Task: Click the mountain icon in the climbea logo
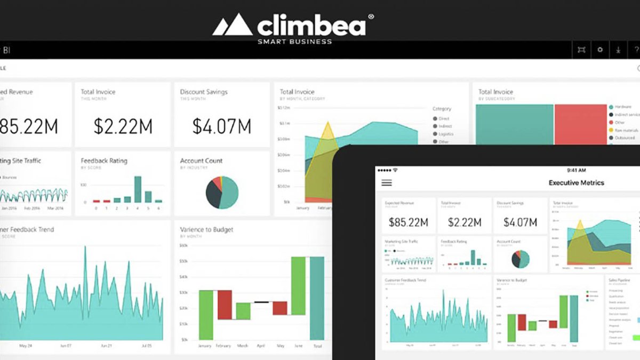(x=232, y=25)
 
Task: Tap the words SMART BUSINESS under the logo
(x=294, y=42)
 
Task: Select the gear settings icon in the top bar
(x=600, y=50)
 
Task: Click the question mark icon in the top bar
(x=636, y=50)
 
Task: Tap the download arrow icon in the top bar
(x=618, y=50)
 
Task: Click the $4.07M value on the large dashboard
(x=222, y=126)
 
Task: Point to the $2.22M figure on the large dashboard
(x=123, y=126)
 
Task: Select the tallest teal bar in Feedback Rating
(x=138, y=189)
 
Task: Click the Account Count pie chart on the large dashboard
(x=222, y=192)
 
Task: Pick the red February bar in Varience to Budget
(x=225, y=305)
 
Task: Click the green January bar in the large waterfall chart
(x=206, y=315)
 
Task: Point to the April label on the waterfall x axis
(x=261, y=346)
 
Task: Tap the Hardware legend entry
(x=623, y=107)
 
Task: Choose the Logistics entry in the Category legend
(x=445, y=134)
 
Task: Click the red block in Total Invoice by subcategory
(x=580, y=124)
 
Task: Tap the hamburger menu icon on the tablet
(x=387, y=182)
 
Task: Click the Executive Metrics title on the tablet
(x=576, y=182)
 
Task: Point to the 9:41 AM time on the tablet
(x=576, y=170)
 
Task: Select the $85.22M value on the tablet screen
(x=409, y=222)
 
